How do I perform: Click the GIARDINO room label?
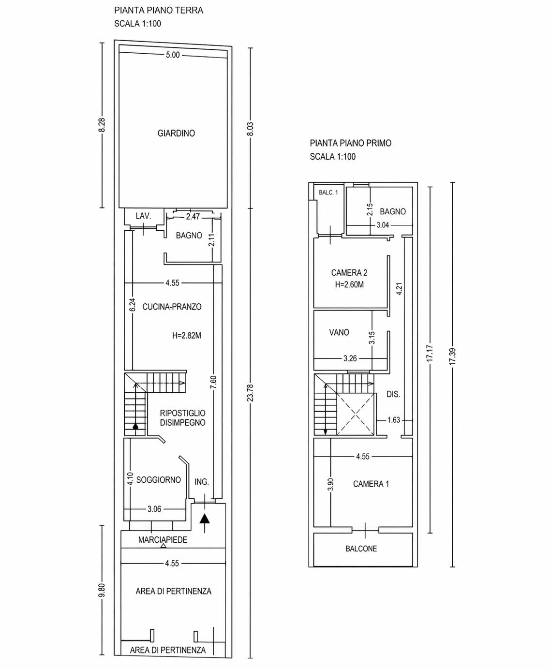[x=176, y=133]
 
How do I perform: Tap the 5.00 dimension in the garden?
[x=173, y=55]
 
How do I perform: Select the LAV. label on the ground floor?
[x=143, y=216]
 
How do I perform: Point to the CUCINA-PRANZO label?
[x=172, y=307]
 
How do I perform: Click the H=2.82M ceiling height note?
[x=187, y=335]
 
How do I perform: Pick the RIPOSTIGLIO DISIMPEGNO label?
[x=182, y=418]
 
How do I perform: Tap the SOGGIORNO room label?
[x=158, y=480]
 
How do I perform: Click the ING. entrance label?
[x=202, y=482]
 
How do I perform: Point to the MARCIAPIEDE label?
[x=163, y=539]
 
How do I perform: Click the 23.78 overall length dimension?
[x=250, y=393]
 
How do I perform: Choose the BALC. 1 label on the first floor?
[x=328, y=193]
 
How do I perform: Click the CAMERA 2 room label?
[x=349, y=272]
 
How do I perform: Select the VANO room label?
[x=339, y=332]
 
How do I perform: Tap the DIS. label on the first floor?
[x=393, y=394]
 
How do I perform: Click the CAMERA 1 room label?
[x=371, y=484]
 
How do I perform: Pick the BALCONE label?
[x=361, y=549]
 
